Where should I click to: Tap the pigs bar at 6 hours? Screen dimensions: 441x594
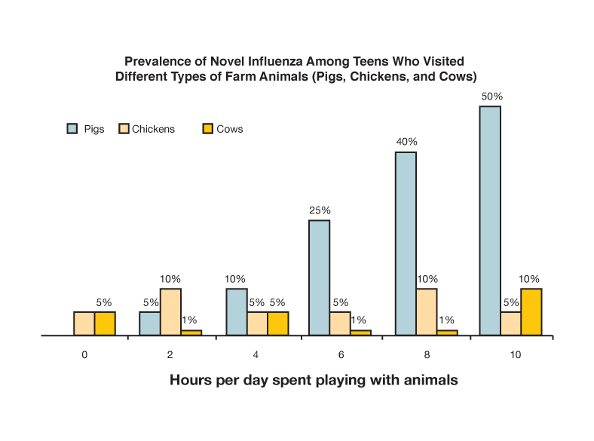319,277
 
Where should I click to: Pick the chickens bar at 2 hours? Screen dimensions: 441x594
170,311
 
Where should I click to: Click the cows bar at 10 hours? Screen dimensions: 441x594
531,311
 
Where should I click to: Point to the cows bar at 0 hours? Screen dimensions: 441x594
105,323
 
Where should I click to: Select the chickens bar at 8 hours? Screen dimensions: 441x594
426,311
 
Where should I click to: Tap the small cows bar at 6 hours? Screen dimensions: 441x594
361,332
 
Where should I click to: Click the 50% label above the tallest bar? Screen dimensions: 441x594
492,96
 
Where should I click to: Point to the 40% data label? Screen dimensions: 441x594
407,142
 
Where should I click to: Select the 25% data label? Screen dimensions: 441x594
320,210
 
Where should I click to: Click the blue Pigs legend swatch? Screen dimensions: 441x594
72,129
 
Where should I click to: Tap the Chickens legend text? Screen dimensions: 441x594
153,129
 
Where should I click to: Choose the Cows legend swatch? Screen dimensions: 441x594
208,129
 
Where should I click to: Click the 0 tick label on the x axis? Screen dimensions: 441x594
85,354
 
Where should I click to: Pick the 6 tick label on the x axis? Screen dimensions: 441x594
341,354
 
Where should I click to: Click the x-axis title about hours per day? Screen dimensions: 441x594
314,381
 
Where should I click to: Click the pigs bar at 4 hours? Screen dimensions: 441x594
235,311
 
